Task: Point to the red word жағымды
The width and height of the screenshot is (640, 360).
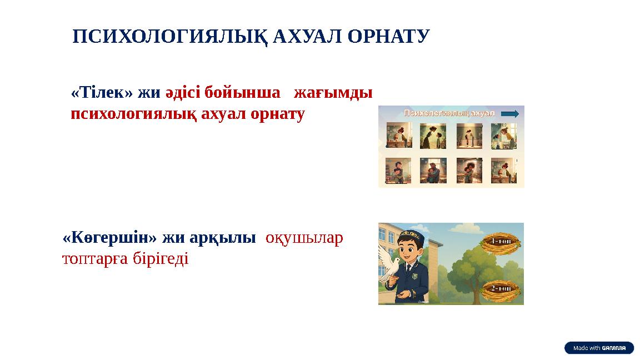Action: (x=333, y=92)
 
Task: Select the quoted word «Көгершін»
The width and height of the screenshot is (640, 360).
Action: (x=110, y=238)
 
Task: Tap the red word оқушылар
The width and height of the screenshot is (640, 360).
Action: (x=304, y=238)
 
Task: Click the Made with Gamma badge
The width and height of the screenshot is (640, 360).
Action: (x=599, y=348)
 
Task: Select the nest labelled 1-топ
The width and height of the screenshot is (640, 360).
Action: (x=502, y=242)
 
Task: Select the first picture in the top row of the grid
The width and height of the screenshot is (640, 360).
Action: (x=399, y=136)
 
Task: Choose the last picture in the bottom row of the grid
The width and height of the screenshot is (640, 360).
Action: (x=503, y=171)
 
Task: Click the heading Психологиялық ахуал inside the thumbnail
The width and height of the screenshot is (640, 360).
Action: (x=449, y=113)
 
